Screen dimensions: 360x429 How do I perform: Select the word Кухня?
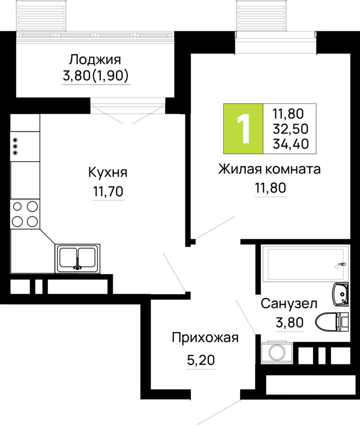tap(108, 173)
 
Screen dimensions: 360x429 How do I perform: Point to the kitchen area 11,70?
tap(108, 191)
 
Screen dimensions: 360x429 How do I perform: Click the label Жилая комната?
tap(269, 169)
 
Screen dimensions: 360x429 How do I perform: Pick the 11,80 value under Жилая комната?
tap(271, 188)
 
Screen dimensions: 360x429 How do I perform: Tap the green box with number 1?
tap(243, 129)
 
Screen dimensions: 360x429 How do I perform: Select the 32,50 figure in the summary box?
tap(290, 129)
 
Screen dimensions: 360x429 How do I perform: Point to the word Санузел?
tap(289, 303)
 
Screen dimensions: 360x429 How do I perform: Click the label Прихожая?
tap(205, 338)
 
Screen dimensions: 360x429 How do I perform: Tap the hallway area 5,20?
tap(201, 360)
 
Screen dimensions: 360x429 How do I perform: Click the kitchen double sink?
tap(77, 259)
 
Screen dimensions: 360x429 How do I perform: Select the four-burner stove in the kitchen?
tap(25, 214)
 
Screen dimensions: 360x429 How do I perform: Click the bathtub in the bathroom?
tap(305, 264)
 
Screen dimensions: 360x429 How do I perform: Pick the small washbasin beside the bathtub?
tap(341, 294)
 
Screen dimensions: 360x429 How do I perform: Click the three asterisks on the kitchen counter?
tap(15, 147)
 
